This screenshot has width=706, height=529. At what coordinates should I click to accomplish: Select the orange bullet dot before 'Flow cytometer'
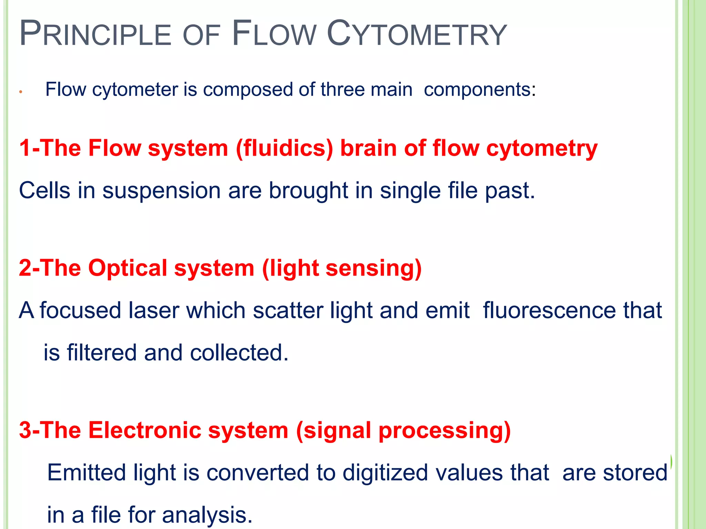pyautogui.click(x=21, y=92)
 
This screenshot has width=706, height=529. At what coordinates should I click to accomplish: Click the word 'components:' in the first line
pyautogui.click(x=480, y=90)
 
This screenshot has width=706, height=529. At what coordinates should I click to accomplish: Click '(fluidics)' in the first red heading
pyautogui.click(x=284, y=148)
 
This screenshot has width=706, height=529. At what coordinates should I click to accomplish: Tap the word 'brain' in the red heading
pyautogui.click(x=369, y=148)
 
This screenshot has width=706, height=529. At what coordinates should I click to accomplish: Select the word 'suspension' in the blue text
pyautogui.click(x=161, y=191)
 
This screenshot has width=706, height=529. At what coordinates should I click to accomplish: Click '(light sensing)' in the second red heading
pyautogui.click(x=342, y=269)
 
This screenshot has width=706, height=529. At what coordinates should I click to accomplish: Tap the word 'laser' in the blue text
pyautogui.click(x=154, y=311)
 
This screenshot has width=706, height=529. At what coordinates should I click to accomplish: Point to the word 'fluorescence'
pyautogui.click(x=549, y=311)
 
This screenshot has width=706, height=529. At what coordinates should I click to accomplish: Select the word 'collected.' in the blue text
pyautogui.click(x=239, y=353)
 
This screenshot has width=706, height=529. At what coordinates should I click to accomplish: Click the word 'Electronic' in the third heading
pyautogui.click(x=145, y=430)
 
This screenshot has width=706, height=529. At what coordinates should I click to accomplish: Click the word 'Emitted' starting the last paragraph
pyautogui.click(x=87, y=473)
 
